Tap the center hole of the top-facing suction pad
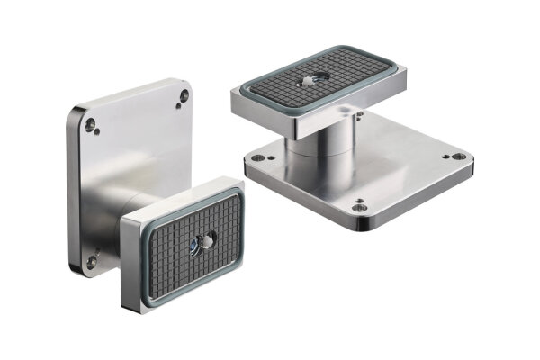[310, 80]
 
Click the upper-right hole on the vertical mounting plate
[184, 94]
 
